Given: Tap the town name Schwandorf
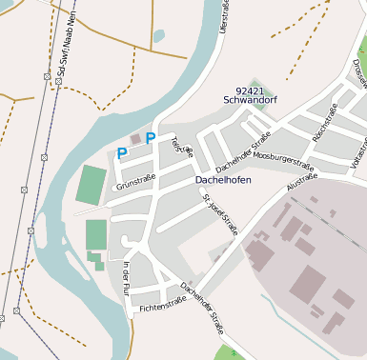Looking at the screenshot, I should (248, 99).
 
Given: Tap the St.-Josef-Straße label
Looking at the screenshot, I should (220, 213).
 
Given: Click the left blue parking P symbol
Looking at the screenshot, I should (121, 152).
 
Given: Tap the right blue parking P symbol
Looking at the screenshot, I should (151, 138).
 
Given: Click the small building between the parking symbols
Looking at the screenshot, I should (135, 140).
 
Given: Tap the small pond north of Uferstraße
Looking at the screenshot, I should (158, 36).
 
